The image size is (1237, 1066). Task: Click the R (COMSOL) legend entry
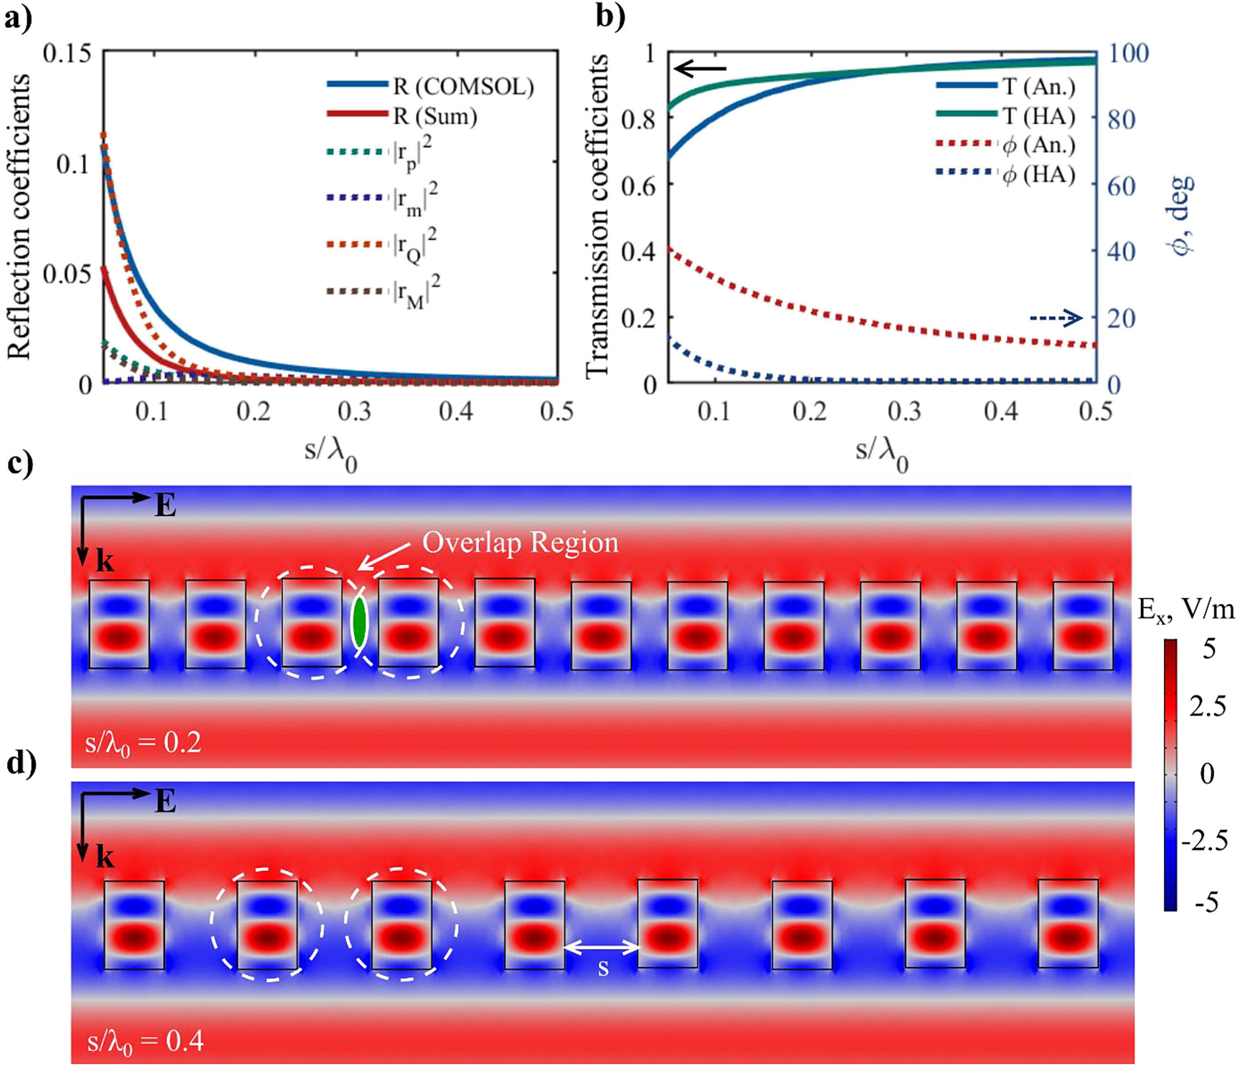tap(430, 86)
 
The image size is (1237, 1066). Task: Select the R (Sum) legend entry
tap(402, 115)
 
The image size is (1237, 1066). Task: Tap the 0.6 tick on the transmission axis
tap(639, 185)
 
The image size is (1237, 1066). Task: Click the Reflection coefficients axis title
tap(19, 215)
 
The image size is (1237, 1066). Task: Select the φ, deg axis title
tap(1180, 215)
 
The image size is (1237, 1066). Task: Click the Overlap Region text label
tap(520, 543)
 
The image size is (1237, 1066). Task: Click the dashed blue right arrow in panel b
tap(1056, 317)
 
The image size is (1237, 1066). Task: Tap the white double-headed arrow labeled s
tap(602, 948)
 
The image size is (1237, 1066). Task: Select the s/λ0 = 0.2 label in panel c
tap(143, 742)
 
